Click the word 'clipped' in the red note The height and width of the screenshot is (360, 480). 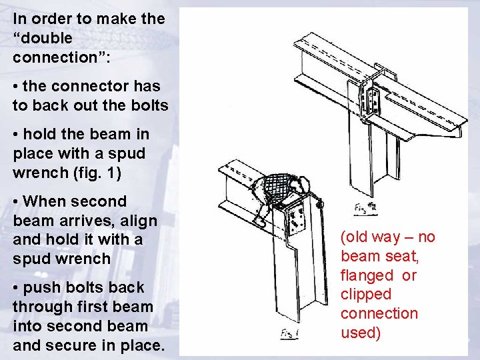click(x=365, y=294)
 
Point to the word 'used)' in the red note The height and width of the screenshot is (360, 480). click(x=361, y=333)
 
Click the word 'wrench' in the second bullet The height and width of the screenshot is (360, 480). click(x=36, y=173)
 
